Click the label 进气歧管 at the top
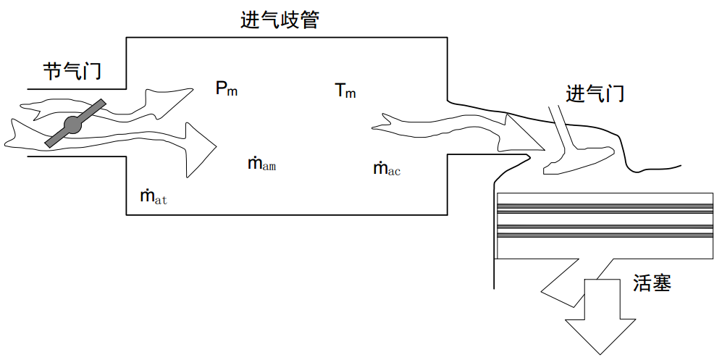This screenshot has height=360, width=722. click(280, 20)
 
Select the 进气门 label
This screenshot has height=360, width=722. click(595, 93)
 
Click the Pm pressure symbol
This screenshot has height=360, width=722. click(226, 89)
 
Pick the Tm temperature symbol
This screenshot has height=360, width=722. click(345, 91)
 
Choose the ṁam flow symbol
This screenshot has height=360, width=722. click(261, 164)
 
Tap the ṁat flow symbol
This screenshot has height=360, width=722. click(154, 196)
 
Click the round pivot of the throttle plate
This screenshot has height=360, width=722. click(74, 125)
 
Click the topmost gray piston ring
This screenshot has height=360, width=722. click(603, 206)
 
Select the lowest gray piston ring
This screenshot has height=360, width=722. click(603, 235)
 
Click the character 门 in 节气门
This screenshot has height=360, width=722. click(91, 72)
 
